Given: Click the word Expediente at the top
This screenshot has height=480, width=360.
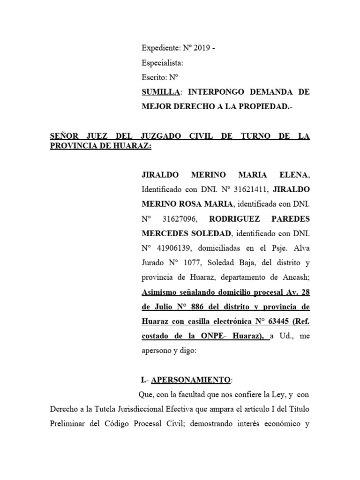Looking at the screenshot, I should click(x=161, y=48).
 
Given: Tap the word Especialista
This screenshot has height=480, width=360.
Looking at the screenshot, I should click(x=162, y=63).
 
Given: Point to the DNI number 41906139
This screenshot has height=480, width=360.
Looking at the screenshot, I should click(x=175, y=248).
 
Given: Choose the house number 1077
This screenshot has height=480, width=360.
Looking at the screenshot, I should click(x=191, y=263).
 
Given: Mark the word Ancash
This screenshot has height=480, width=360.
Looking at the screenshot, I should click(x=292, y=277).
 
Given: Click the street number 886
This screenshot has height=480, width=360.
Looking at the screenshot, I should click(x=204, y=307).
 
